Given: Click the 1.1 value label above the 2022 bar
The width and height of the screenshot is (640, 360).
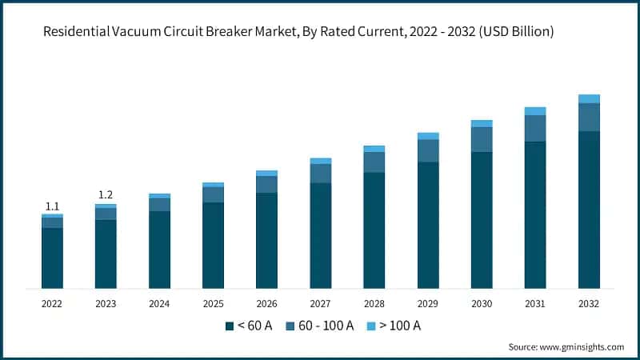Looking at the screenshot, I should pyautogui.click(x=52, y=206).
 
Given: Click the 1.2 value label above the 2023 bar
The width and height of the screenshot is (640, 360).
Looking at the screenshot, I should pyautogui.click(x=106, y=195).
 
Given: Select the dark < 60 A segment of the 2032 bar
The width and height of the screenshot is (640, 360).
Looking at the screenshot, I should pyautogui.click(x=589, y=210).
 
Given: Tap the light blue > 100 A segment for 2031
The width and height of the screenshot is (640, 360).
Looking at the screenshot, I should pyautogui.click(x=535, y=111).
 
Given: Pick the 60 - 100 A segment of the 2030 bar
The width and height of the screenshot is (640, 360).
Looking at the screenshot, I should pyautogui.click(x=482, y=139).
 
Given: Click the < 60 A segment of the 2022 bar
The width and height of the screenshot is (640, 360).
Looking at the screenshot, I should pyautogui.click(x=52, y=258).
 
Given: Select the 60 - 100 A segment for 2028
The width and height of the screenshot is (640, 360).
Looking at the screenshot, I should pyautogui.click(x=374, y=162).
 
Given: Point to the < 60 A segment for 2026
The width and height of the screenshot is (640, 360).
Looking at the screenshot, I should pyautogui.click(x=266, y=240).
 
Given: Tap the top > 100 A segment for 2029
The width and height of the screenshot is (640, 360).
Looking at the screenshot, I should pyautogui.click(x=428, y=136).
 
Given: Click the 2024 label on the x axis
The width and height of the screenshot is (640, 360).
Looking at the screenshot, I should pyautogui.click(x=159, y=304).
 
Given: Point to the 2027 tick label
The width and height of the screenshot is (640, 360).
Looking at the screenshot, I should pyautogui.click(x=320, y=304).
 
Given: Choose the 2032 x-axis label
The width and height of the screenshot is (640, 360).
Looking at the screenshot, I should pyautogui.click(x=589, y=304).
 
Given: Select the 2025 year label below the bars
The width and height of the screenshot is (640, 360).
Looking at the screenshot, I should pyautogui.click(x=213, y=304).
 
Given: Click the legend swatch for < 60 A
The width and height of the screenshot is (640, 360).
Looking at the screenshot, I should pyautogui.click(x=230, y=326).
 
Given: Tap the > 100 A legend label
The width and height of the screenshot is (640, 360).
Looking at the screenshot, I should pyautogui.click(x=401, y=326).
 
